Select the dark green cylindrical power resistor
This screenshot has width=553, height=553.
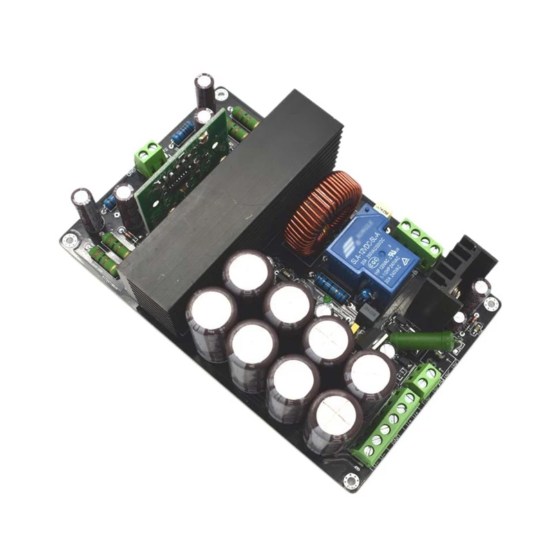[x=413, y=341]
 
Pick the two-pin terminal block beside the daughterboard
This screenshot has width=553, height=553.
[x=149, y=158]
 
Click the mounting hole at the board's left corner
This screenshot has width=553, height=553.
[x=68, y=240]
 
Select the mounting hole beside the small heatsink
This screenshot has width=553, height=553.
[x=491, y=303]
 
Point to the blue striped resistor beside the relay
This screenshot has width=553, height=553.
[x=331, y=285]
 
